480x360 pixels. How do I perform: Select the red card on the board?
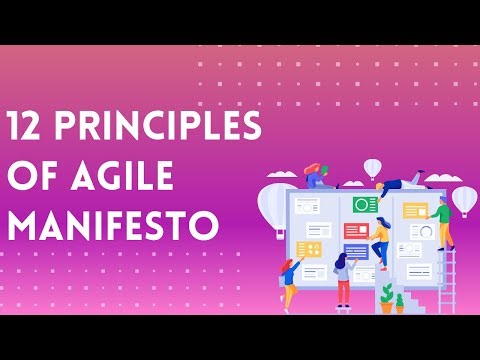[355, 230]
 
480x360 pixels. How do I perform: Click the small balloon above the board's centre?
[373, 168]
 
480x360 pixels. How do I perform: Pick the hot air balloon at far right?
[463, 199]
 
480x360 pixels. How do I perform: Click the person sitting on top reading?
[318, 177]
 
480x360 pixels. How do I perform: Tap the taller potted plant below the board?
[387, 298]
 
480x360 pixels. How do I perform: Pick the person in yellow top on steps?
[380, 240]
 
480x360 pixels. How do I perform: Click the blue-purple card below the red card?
[355, 251]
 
